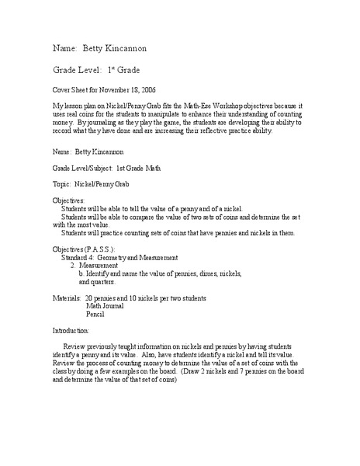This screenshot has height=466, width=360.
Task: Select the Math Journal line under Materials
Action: click(106, 307)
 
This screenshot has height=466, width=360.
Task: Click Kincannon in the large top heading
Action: click(118, 49)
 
